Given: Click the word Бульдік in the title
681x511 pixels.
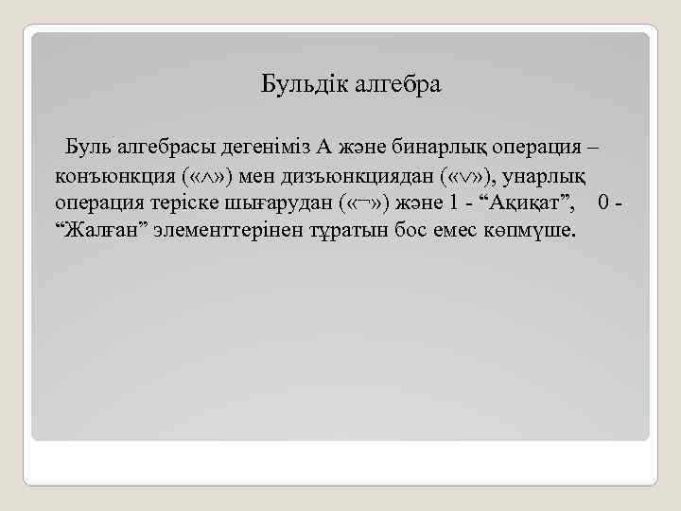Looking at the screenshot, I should (305, 86).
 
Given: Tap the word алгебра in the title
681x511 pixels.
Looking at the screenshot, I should (398, 86).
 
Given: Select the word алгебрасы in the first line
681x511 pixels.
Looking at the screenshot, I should (166, 147).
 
